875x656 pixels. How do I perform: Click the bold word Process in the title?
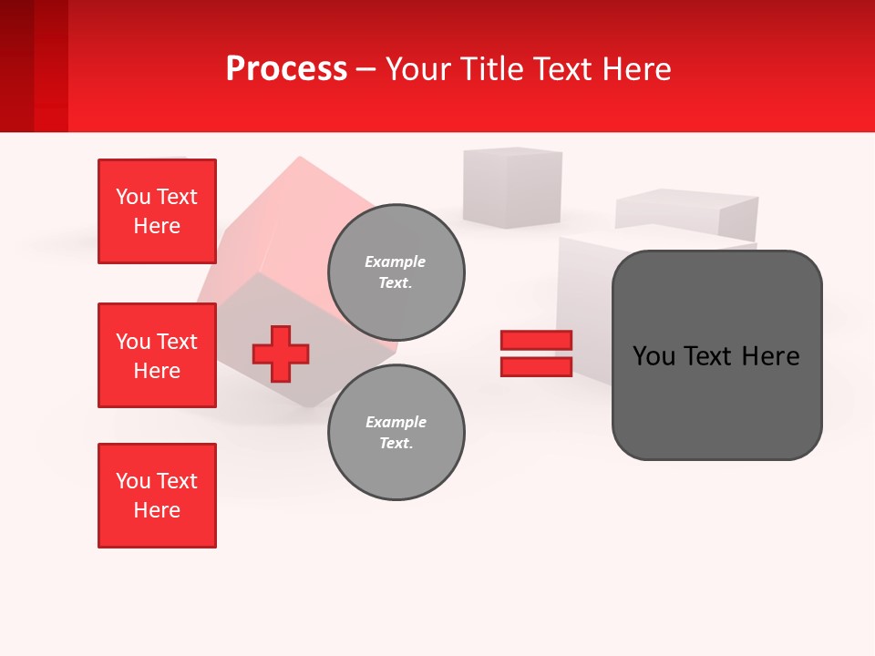coord(286,68)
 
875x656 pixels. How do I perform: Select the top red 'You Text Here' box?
coord(157,211)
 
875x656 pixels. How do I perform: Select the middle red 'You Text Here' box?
coord(157,355)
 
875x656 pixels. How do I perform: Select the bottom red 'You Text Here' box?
coord(157,496)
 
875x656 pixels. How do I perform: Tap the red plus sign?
coord(281,354)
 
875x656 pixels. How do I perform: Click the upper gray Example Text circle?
coord(396,272)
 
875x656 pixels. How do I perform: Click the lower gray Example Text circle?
coord(396,433)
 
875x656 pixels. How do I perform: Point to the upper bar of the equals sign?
coord(536,340)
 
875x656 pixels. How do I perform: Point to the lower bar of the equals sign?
coord(536,367)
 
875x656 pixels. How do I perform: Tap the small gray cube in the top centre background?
coord(511,187)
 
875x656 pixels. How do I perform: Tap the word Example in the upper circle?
coord(395,262)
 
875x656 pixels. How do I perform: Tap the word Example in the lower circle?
coord(396,423)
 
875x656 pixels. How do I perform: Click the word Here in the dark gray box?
coord(770,356)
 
